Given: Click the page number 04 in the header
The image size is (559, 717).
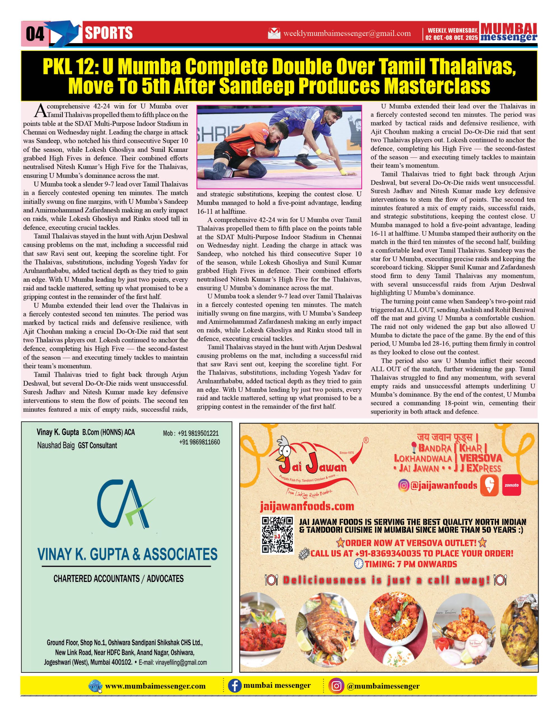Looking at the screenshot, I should (x=35, y=34).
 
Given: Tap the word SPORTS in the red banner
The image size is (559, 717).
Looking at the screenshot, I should (x=109, y=33).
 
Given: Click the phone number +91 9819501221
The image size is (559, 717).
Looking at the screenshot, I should (x=199, y=433).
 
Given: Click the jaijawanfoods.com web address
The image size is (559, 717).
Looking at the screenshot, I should (x=307, y=507).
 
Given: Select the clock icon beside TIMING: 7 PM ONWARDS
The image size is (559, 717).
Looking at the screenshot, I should (x=359, y=564).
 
